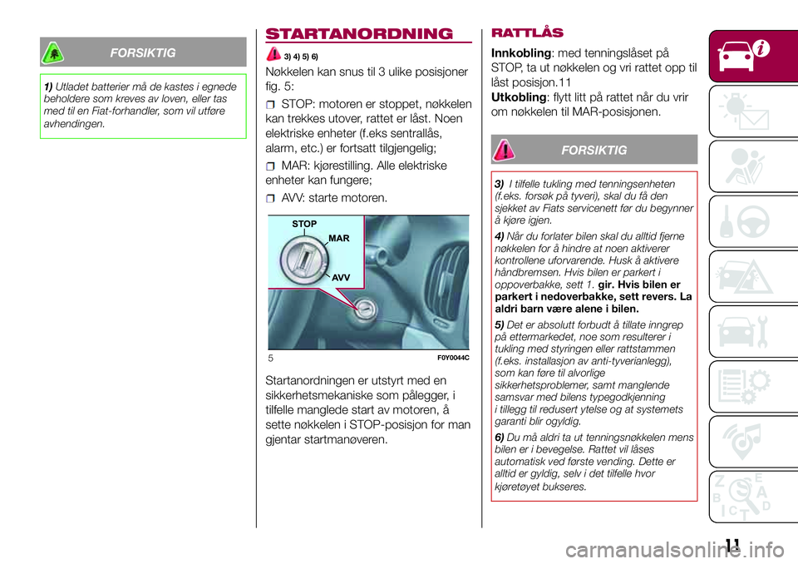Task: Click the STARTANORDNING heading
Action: [x=359, y=34]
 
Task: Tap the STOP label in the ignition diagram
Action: [x=305, y=224]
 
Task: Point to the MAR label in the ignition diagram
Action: [x=339, y=239]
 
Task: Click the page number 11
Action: [x=732, y=546]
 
